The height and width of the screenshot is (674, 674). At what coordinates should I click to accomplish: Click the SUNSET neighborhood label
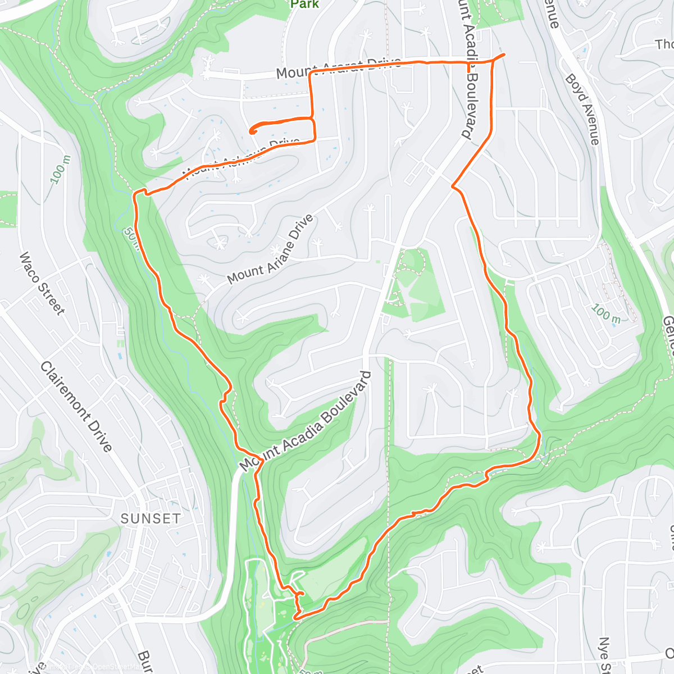pyautogui.click(x=151, y=518)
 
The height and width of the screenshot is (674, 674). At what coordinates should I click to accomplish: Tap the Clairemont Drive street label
pyautogui.click(x=76, y=407)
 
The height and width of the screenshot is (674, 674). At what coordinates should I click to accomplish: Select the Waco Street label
pyautogui.click(x=42, y=283)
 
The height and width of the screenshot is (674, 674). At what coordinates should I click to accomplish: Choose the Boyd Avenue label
pyautogui.click(x=582, y=109)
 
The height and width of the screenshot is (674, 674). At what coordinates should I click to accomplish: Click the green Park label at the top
pyautogui.click(x=304, y=4)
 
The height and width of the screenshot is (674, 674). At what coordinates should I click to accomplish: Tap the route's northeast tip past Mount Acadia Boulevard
pyautogui.click(x=503, y=54)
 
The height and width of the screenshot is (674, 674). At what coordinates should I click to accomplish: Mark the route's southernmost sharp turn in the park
pyautogui.click(x=294, y=617)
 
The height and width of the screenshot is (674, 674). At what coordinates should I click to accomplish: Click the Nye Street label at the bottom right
pyautogui.click(x=604, y=654)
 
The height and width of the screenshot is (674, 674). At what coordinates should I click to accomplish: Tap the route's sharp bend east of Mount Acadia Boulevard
pyautogui.click(x=453, y=185)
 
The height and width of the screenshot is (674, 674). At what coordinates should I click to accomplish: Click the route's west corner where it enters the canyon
pyautogui.click(x=135, y=194)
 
